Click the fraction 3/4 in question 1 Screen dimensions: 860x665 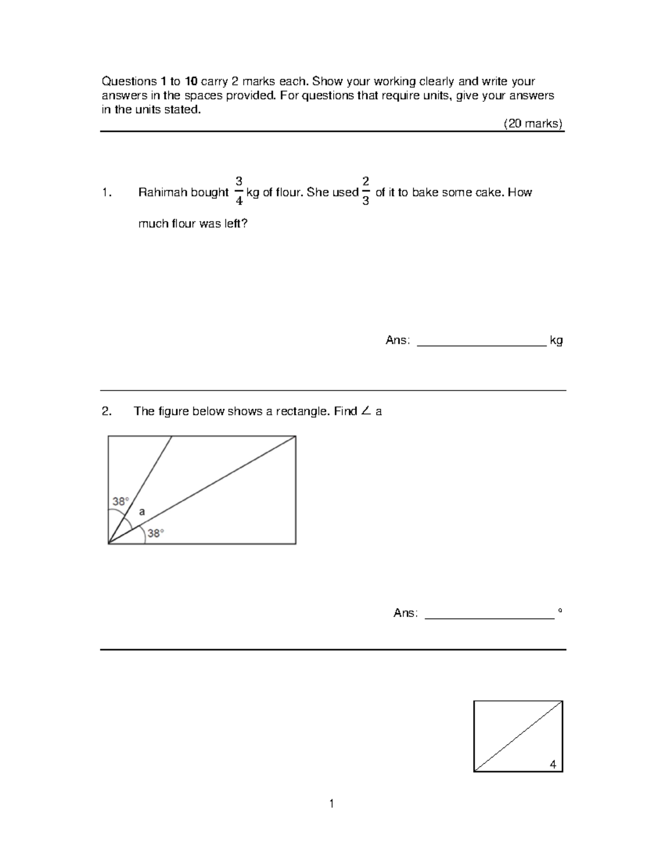[238, 191]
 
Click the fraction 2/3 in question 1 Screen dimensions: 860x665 [365, 191]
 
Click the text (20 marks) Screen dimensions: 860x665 [533, 123]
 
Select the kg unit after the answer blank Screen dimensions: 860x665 [556, 340]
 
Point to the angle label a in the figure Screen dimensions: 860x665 [142, 512]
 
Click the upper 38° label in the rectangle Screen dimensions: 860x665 [120, 501]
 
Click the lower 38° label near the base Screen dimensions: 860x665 [156, 533]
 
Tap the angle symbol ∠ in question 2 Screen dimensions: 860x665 [365, 411]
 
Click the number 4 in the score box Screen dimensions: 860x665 [553, 764]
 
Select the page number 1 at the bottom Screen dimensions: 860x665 [331, 804]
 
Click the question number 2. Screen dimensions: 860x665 [106, 411]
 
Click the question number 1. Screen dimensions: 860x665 [106, 193]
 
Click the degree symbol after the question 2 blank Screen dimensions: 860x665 [560, 610]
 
